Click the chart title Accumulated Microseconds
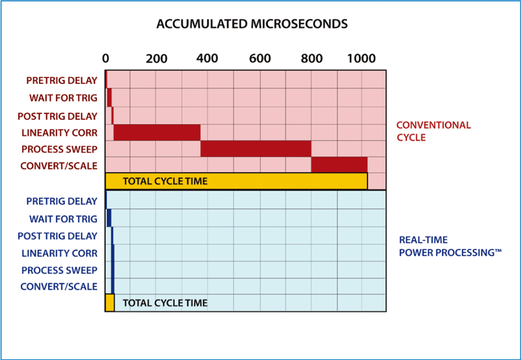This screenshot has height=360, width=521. coord(252,25)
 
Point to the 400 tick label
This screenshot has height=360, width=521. coord(207,59)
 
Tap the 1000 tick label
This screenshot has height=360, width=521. coord(361,59)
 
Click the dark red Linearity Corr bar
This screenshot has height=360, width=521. coord(157,132)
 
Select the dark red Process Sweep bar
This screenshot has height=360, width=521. coord(256,148)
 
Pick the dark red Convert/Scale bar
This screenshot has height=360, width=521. coord(339,165)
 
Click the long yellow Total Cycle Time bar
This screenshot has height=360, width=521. coord(236,181)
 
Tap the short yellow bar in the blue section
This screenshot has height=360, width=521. coord(109,303)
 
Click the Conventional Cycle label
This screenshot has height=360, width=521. coord(433,131)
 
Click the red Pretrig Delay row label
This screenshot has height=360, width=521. coord(62,81)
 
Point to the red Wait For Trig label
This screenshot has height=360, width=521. coord(63,98)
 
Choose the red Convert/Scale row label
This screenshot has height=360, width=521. coord(59,166)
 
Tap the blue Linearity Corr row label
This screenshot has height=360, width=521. coord(59,253)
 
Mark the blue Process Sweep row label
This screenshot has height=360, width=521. coord(59,270)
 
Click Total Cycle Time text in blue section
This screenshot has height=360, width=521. coord(165,303)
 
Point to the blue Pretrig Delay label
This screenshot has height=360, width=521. coord(62,202)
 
